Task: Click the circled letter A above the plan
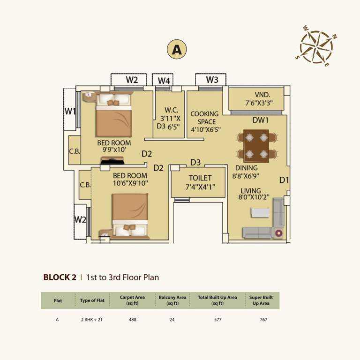[x=177, y=49]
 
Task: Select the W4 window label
[x=164, y=80]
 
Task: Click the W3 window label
[x=212, y=80]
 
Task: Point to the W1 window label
[x=70, y=111]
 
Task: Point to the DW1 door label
[x=260, y=120]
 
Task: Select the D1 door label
[x=284, y=180]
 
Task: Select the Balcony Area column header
[x=172, y=300]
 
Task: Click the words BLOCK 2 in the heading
[x=60, y=277]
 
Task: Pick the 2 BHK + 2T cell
[x=92, y=320]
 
